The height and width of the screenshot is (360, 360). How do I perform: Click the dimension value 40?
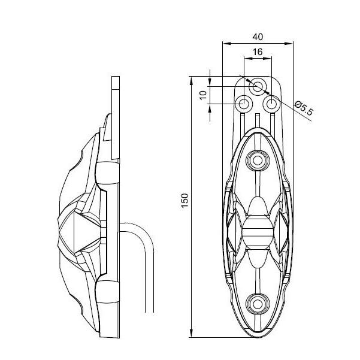coord(258,37)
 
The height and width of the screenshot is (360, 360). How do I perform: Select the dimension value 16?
coord(258,52)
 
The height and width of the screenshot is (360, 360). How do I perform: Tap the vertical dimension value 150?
coord(185,201)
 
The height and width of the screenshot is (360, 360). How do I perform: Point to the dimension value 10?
coord(203,95)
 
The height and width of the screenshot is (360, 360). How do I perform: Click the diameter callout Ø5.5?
coord(304,108)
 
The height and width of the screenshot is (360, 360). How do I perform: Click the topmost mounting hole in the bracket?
coord(258,87)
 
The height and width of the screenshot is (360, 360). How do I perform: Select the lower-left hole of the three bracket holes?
coord(244,104)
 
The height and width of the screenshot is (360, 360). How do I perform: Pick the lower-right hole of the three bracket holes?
coord(271,104)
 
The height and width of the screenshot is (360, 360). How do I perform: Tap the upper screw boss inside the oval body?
coord(258,161)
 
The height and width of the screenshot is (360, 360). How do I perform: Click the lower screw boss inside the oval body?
coord(258,305)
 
